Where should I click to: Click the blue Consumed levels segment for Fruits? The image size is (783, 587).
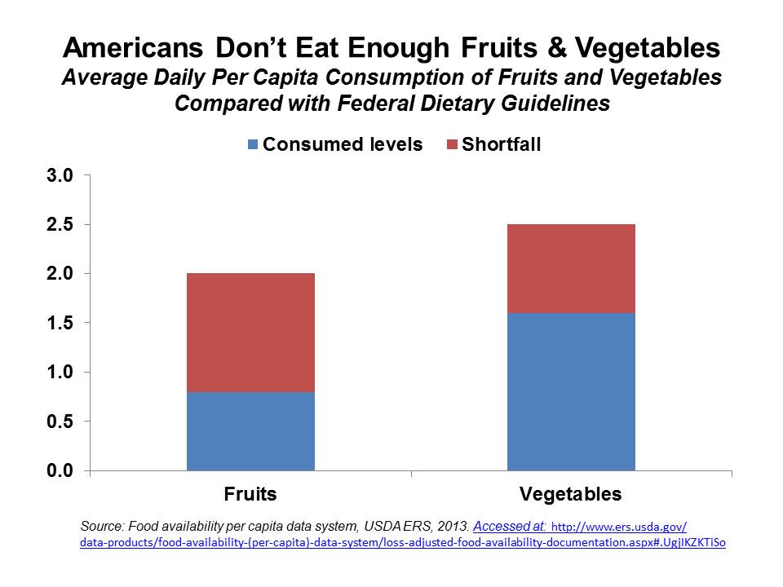click(250, 431)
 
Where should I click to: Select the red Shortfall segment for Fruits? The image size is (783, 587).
click(250, 333)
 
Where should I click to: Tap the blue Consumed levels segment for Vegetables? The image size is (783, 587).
click(571, 391)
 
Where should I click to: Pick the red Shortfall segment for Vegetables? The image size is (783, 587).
click(571, 268)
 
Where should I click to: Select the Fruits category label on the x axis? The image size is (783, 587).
click(250, 494)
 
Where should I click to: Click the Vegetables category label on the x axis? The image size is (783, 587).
click(571, 494)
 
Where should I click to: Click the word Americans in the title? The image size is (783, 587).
click(139, 49)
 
